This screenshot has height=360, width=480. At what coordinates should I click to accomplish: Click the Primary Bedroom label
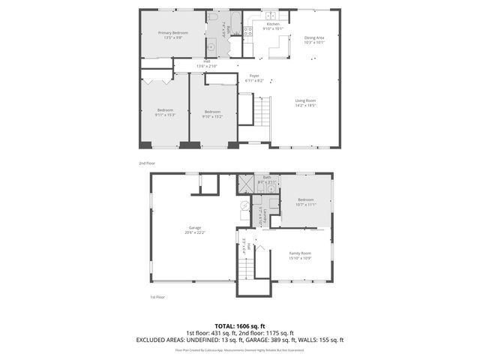[x=173, y=33]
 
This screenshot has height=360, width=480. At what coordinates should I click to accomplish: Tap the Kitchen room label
[x=272, y=25]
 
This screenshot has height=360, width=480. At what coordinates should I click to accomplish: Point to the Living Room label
[x=304, y=100]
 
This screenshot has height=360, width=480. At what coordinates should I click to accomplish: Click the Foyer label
[x=254, y=76]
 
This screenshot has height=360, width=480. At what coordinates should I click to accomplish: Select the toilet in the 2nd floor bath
[x=212, y=17]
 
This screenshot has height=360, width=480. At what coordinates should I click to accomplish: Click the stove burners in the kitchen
[x=247, y=31]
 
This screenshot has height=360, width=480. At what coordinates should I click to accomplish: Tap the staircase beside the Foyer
[x=262, y=112]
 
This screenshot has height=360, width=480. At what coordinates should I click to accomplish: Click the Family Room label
[x=300, y=253]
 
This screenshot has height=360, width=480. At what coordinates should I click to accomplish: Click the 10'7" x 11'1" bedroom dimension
[x=306, y=204]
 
